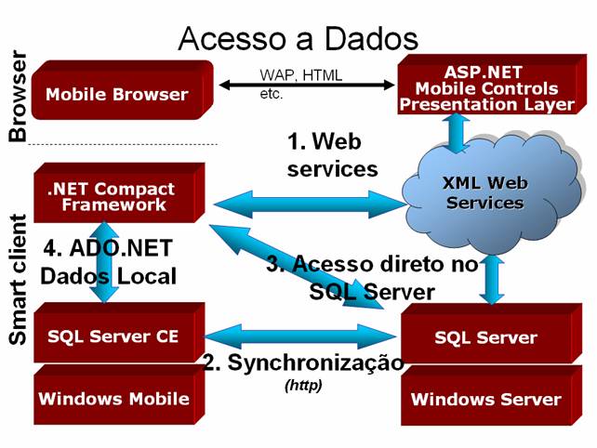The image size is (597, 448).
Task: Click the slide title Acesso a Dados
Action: (298, 38)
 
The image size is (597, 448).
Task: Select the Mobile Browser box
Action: (116, 94)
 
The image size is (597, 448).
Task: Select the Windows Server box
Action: (485, 400)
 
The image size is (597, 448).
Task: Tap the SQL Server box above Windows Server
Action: (485, 337)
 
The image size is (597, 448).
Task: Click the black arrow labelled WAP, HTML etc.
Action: (307, 86)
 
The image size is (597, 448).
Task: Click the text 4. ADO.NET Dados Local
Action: (110, 262)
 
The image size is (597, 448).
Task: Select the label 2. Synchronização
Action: (303, 362)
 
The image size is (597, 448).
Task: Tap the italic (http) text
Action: (303, 384)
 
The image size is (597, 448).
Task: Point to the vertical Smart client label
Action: (17, 279)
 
